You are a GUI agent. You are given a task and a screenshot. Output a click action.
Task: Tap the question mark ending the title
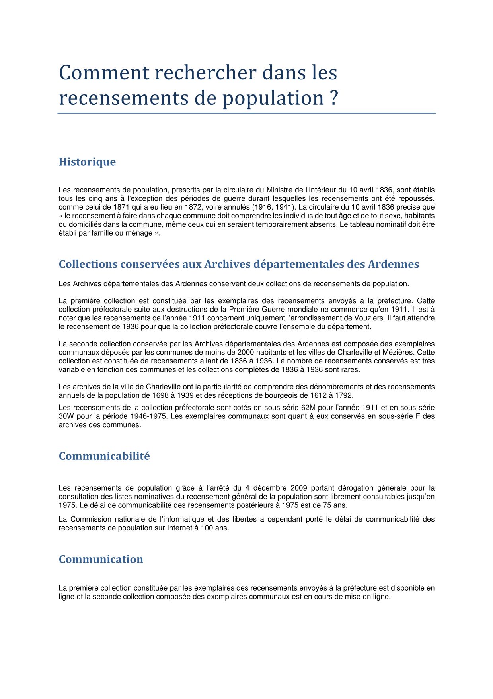tap(334, 98)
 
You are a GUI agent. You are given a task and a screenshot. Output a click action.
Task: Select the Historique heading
tap(87, 162)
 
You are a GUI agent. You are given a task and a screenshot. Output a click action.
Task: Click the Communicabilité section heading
tap(104, 456)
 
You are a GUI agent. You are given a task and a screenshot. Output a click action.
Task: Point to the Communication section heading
tap(101, 559)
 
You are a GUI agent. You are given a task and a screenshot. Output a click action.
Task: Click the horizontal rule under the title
tap(246, 113)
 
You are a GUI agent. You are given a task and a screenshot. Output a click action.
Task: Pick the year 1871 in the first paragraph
tap(121, 207)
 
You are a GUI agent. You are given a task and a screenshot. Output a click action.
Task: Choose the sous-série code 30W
tap(66, 416)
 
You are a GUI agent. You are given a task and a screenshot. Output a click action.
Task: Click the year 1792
tap(344, 395)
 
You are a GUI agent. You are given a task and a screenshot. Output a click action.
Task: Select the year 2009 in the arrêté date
tap(298, 488)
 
